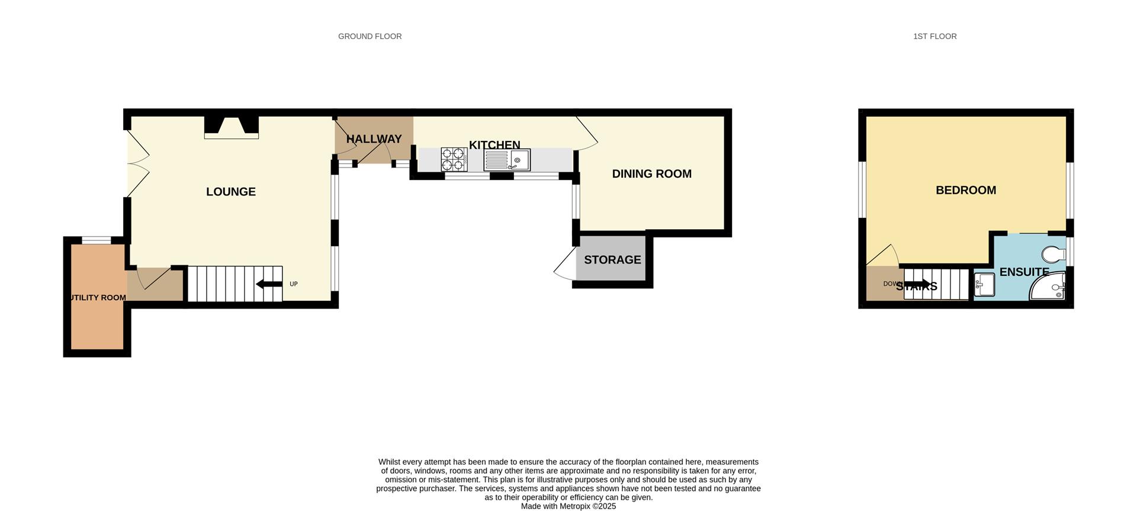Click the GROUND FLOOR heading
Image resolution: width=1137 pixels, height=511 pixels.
[x=370, y=36]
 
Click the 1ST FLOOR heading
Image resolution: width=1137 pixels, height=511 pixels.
[x=934, y=36]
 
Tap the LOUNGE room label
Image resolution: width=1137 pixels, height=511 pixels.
[x=231, y=192]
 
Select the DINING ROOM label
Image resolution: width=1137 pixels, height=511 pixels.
[x=651, y=174]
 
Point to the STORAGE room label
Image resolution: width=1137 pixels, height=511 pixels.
[x=612, y=260]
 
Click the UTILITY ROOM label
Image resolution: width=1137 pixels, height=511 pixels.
[x=98, y=298]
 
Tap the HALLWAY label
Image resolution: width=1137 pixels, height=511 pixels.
[x=374, y=139]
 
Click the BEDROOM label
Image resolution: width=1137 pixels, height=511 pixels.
[x=965, y=190]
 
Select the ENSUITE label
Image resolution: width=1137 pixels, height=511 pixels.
[x=1024, y=272]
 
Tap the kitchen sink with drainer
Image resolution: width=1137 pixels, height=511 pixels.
[x=507, y=160]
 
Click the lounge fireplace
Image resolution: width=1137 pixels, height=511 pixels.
[x=232, y=127]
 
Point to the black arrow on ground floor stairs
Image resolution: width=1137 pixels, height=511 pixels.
[x=269, y=284]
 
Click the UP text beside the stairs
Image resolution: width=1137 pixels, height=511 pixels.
[x=294, y=284]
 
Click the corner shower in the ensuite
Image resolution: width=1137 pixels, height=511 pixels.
[x=1049, y=287]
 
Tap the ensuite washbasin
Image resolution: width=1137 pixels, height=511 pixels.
[x=984, y=285]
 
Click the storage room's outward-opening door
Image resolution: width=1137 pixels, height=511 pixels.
[x=565, y=265]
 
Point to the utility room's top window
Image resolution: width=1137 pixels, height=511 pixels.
[x=96, y=240]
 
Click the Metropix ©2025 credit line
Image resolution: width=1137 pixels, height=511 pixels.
[x=568, y=506]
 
